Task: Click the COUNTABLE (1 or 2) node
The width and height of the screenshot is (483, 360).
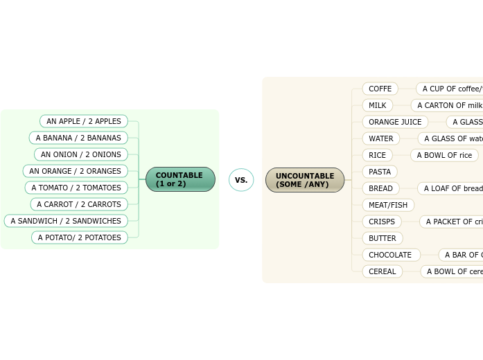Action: pyautogui.click(x=180, y=179)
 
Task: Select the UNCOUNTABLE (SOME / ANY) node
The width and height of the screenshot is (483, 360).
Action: pyautogui.click(x=305, y=180)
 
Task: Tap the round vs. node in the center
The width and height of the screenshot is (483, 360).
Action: pyautogui.click(x=241, y=180)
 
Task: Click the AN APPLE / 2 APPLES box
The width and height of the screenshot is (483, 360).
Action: pyautogui.click(x=84, y=121)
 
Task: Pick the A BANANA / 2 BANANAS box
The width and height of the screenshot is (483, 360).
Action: pyautogui.click(x=78, y=138)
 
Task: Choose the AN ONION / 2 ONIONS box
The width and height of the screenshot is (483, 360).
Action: pyautogui.click(x=81, y=154)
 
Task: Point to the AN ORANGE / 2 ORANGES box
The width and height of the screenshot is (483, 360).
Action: pyautogui.click(x=76, y=171)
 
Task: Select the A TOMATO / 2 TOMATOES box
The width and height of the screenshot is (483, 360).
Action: pyautogui.click(x=76, y=188)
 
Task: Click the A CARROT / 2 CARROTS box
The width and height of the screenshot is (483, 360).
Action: pyautogui.click(x=79, y=204)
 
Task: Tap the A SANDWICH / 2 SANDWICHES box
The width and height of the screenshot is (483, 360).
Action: pyautogui.click(x=66, y=221)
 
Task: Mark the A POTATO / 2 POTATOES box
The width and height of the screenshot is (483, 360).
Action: pyautogui.click(x=80, y=237)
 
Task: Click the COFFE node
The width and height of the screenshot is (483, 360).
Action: pyautogui.click(x=380, y=89)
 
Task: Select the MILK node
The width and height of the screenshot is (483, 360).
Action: pyautogui.click(x=378, y=105)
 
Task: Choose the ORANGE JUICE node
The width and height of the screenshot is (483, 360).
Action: pyautogui.click(x=395, y=122)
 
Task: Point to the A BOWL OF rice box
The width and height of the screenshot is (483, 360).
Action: pyautogui.click(x=444, y=155)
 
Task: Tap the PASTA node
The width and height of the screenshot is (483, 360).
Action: pyautogui.click(x=380, y=172)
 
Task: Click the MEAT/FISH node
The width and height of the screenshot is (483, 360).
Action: pyautogui.click(x=388, y=205)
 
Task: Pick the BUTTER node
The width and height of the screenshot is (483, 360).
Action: pyautogui.click(x=383, y=238)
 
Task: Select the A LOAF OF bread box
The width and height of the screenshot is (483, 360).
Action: pyautogui.click(x=452, y=188)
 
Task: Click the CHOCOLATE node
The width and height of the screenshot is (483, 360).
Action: pyautogui.click(x=391, y=255)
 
